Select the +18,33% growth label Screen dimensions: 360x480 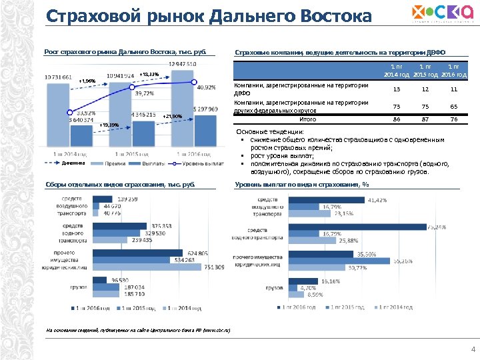pos(149,74)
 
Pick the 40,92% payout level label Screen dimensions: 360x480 pos(206,87)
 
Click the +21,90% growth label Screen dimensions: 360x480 pos(172,117)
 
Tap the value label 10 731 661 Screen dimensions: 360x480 pos(59,77)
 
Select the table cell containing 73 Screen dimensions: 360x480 pos(397,107)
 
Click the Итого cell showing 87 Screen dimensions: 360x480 pos(425,121)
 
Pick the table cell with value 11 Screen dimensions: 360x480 pos(454,89)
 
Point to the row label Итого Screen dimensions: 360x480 pos(307,121)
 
